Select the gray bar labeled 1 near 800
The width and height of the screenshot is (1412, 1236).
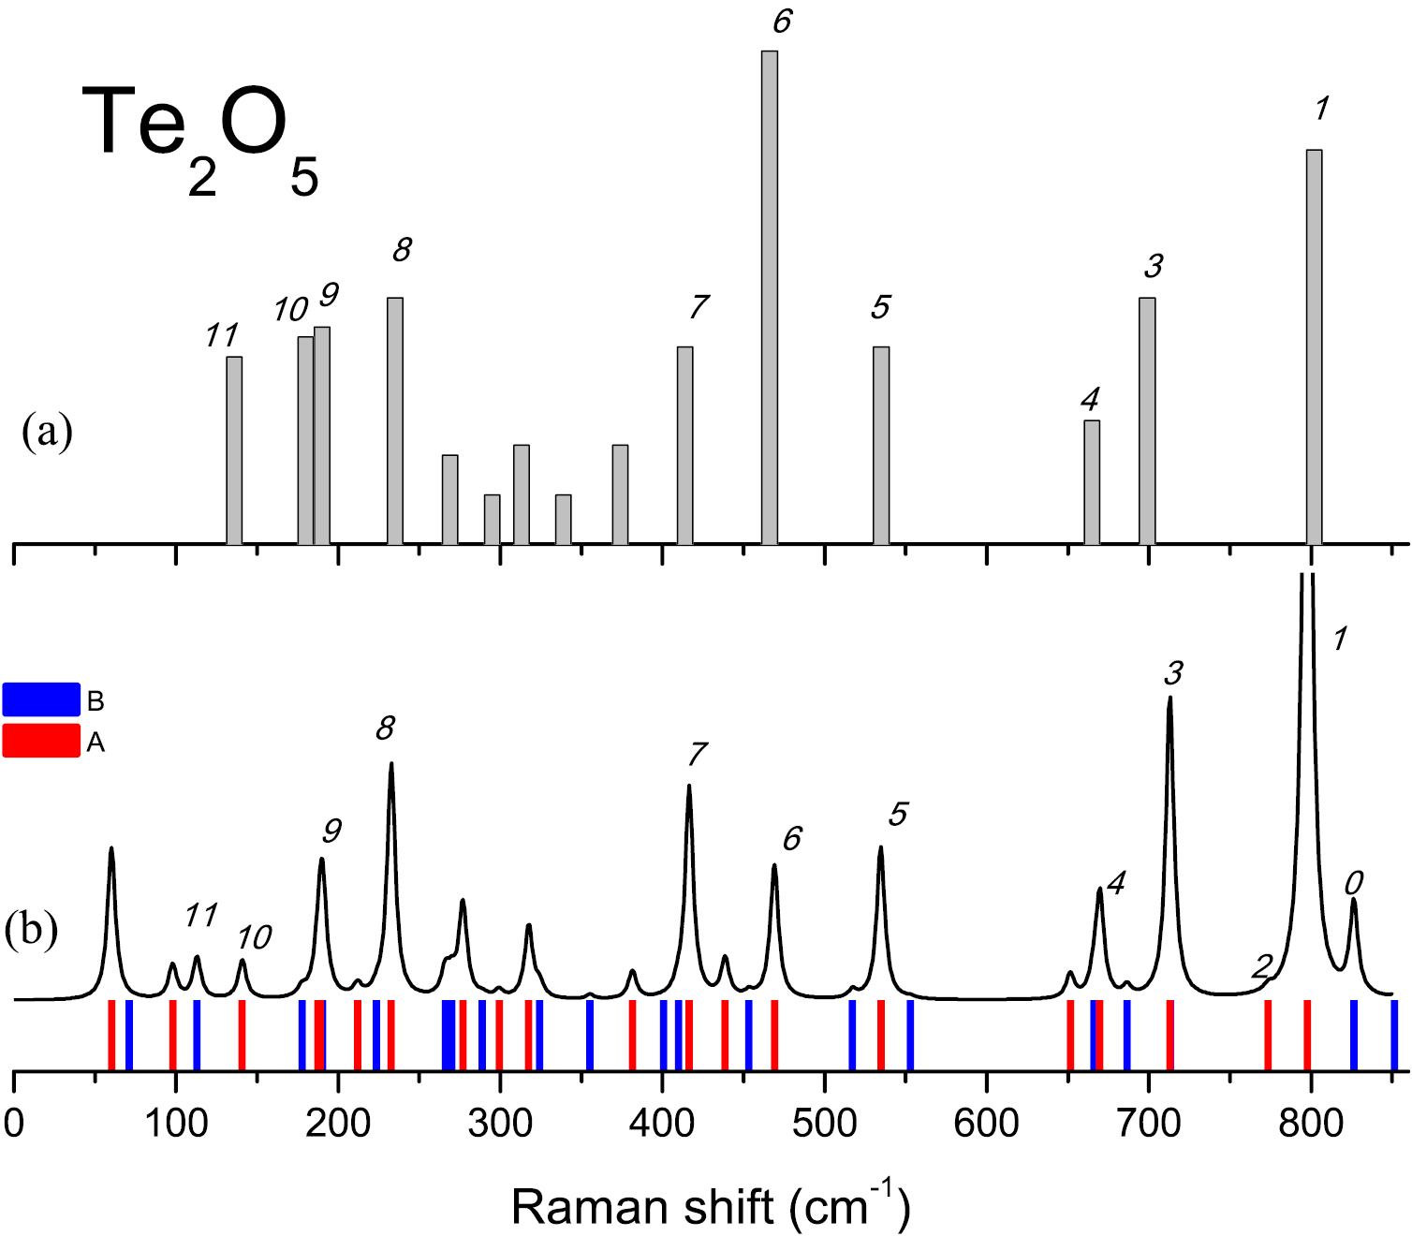point(1314,346)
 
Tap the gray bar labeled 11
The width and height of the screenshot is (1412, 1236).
point(234,449)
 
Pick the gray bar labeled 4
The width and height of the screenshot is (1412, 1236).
point(1092,481)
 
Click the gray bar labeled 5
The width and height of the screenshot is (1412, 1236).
point(881,445)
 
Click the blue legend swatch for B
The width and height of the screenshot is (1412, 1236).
point(41,699)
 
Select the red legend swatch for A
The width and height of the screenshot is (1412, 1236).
point(41,741)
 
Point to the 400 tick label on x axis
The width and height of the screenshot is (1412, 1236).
point(662,1122)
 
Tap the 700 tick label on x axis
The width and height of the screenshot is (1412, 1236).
point(1149,1122)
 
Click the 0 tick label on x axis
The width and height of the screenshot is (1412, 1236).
point(14,1122)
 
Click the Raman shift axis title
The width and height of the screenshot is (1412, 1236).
point(710,1206)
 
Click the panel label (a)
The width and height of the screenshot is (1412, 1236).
point(47,433)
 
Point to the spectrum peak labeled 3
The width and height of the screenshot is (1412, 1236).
point(1169,699)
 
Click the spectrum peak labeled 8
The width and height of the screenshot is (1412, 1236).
point(390,764)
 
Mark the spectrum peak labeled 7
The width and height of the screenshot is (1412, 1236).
point(689,787)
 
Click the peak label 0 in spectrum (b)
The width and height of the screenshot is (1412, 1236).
point(1354,882)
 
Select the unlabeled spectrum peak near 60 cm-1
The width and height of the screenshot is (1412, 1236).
point(111,849)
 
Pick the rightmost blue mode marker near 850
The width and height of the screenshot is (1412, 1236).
point(1394,1035)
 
